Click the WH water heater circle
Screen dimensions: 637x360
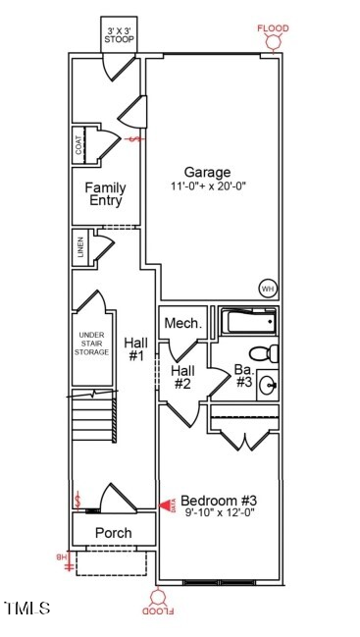pyautogui.click(x=267, y=289)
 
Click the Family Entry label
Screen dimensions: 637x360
pyautogui.click(x=105, y=193)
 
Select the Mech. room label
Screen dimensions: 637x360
pyautogui.click(x=182, y=323)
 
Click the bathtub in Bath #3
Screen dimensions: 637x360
pyautogui.click(x=249, y=322)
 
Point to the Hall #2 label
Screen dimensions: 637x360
pyautogui.click(x=182, y=377)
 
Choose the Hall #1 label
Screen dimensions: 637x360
pyautogui.click(x=135, y=349)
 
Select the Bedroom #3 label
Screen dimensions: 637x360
pyautogui.click(x=219, y=500)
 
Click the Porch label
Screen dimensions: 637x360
pyautogui.click(x=113, y=533)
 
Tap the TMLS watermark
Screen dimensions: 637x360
pyautogui.click(x=26, y=610)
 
